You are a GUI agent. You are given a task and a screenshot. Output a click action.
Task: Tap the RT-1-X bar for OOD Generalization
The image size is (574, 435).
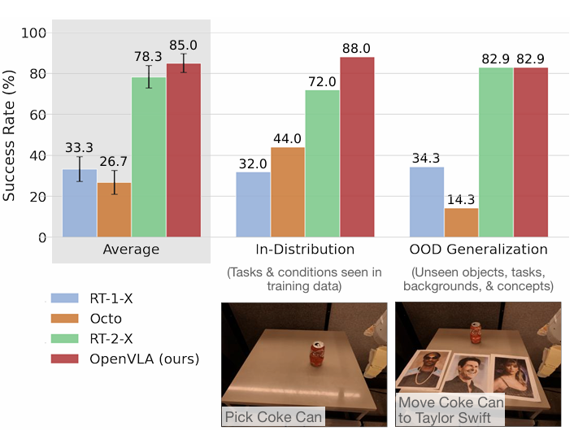point(426,202)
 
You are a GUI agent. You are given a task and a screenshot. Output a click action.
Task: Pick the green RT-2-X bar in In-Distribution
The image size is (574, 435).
point(323,163)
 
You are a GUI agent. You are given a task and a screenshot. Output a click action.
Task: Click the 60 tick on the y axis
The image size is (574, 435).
point(38,115)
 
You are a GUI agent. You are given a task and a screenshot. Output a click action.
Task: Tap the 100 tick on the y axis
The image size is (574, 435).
point(35,33)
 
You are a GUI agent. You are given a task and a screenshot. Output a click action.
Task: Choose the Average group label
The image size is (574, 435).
point(131,250)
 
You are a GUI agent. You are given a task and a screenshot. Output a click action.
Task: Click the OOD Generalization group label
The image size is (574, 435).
point(478,250)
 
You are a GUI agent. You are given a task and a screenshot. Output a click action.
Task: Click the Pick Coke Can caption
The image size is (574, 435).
point(272,417)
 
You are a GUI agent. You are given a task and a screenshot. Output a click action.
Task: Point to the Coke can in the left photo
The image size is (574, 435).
point(317,354)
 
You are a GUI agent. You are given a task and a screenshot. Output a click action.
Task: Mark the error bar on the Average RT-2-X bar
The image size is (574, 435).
point(149,77)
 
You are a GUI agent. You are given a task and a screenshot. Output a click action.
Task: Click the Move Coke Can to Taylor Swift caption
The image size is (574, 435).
point(450,411)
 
